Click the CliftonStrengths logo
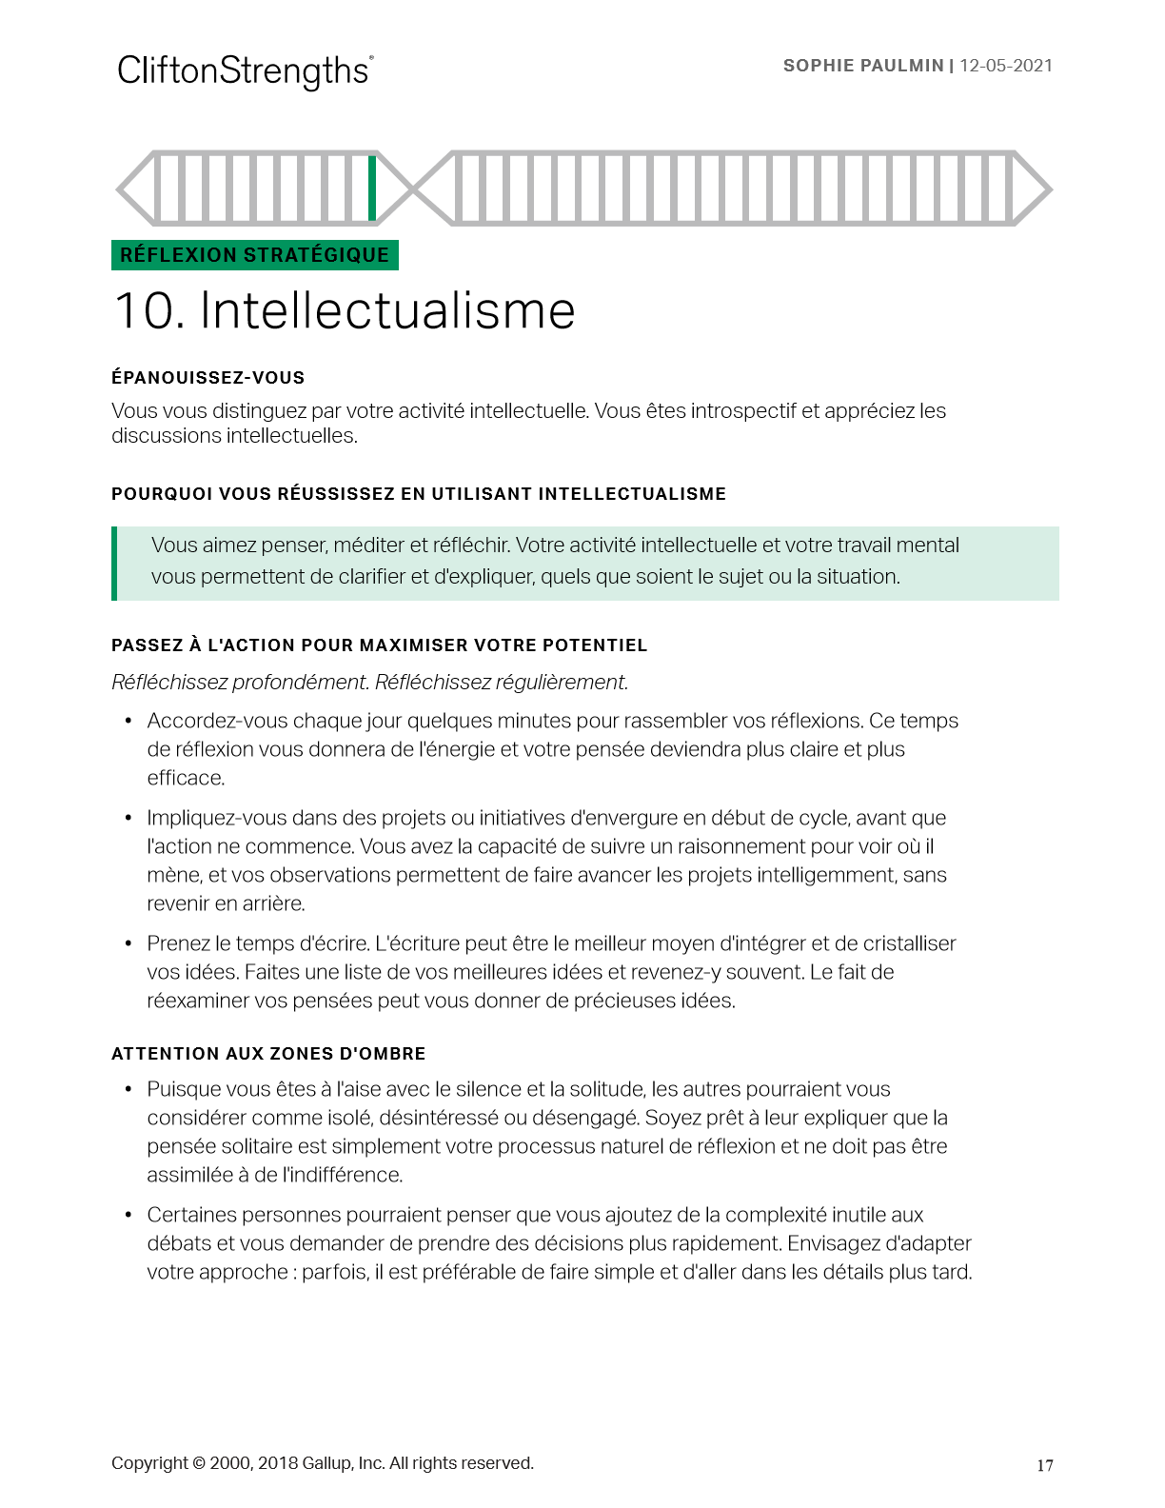245,71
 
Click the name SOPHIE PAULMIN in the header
862,66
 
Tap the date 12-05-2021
1006,66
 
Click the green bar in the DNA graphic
372,188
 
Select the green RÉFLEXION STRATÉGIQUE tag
254,255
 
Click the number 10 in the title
148,311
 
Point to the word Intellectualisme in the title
387,311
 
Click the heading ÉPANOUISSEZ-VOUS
207,378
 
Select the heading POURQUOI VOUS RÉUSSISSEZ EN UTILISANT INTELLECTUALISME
418,494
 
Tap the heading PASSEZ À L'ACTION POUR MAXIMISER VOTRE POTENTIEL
379,645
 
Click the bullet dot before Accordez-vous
128,722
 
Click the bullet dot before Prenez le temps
128,944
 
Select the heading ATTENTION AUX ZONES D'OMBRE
268,1054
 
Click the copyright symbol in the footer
199,1463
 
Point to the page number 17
1045,1465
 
